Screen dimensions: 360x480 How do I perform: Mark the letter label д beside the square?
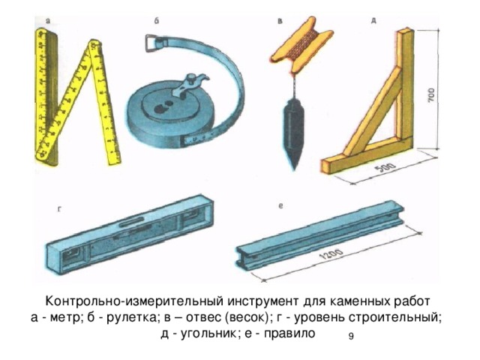tap(373, 21)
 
